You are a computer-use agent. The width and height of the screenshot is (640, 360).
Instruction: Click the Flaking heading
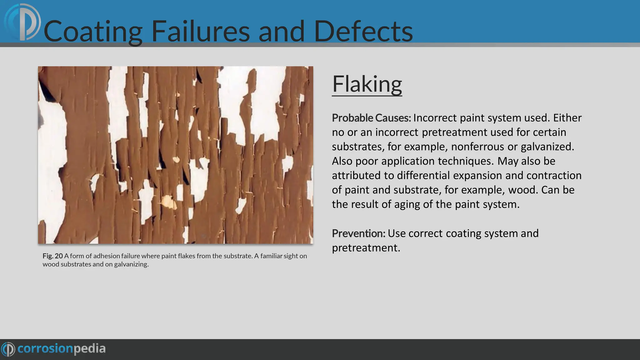point(367,84)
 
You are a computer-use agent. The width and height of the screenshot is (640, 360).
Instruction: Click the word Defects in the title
point(363,31)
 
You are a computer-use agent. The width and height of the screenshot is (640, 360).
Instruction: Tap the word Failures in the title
point(200,31)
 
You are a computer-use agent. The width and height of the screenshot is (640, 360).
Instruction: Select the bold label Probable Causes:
point(371,118)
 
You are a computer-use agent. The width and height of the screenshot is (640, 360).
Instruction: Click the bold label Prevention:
point(358,233)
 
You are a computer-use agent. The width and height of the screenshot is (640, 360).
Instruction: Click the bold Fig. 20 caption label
point(52,256)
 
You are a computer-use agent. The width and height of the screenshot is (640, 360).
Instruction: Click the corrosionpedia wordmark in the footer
point(62,349)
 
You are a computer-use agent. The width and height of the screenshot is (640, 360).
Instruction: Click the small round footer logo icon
point(8,349)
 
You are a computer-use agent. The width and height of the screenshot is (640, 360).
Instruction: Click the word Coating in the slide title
point(93,31)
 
